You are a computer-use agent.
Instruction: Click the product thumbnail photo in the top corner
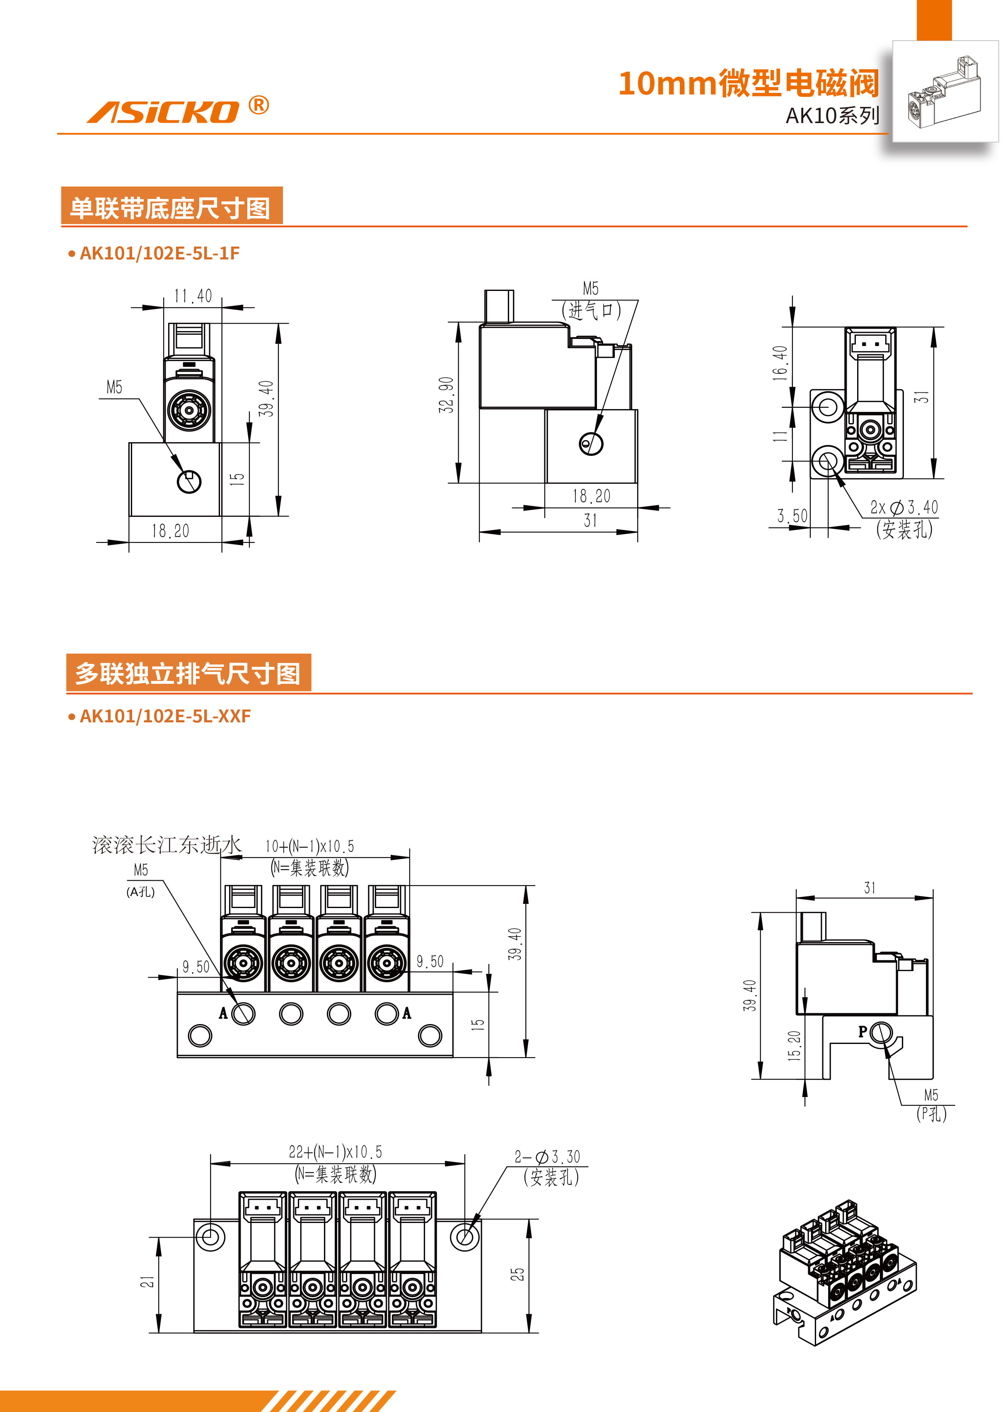[x=945, y=92]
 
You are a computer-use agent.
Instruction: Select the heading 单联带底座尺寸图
[x=171, y=207]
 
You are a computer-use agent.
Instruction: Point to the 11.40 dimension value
[x=193, y=296]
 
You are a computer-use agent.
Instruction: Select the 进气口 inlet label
[x=592, y=310]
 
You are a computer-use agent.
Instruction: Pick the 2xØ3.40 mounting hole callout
[x=904, y=508]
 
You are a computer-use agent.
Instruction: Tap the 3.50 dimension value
[x=792, y=516]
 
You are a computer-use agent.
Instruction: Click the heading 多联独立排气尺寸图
[x=188, y=673]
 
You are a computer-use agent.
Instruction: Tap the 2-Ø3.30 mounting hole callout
[x=547, y=1156]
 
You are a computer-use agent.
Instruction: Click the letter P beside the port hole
[x=862, y=1031]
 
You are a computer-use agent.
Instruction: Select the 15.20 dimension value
[x=794, y=1046]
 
